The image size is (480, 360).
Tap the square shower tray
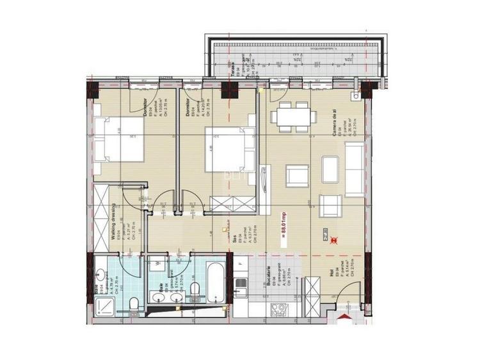(x=100, y=305)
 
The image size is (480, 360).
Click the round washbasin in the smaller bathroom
(x=100, y=276)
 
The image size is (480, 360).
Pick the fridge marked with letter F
(x=239, y=263)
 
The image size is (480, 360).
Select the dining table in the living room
(x=294, y=116)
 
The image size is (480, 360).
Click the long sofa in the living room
(x=355, y=169)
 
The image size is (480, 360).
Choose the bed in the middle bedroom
(x=226, y=149)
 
